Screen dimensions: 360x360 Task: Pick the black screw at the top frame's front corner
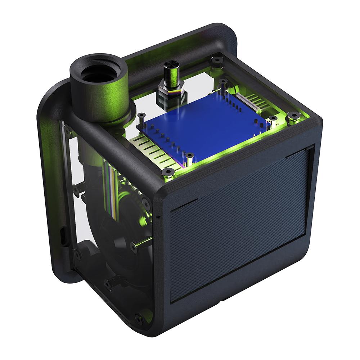point(168,172)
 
